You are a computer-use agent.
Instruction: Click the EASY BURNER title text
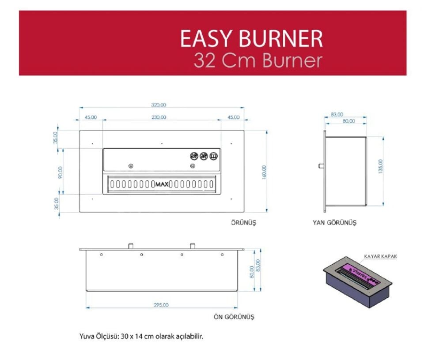pyautogui.click(x=251, y=39)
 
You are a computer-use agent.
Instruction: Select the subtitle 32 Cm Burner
pyautogui.click(x=257, y=60)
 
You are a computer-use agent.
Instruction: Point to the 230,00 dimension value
pyautogui.click(x=159, y=117)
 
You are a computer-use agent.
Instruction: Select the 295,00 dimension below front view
pyautogui.click(x=162, y=305)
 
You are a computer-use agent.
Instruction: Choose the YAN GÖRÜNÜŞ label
pyautogui.click(x=334, y=222)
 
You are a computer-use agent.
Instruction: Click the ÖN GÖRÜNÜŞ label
pyautogui.click(x=234, y=317)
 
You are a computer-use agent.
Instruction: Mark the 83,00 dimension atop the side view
pyautogui.click(x=337, y=115)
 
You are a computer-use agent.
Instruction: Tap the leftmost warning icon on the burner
pyautogui.click(x=193, y=156)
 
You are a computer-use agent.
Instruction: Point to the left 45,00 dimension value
pyautogui.click(x=91, y=117)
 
